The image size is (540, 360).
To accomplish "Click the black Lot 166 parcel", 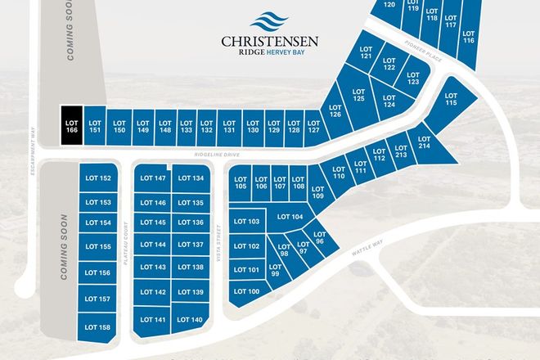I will pyautogui.click(x=72, y=127).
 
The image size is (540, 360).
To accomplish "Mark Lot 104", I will pyautogui.click(x=290, y=217).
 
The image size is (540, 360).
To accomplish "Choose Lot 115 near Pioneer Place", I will pyautogui.click(x=451, y=101).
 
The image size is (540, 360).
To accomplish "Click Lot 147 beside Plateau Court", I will pyautogui.click(x=153, y=178).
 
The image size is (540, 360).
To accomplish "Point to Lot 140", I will pyautogui.click(x=190, y=319).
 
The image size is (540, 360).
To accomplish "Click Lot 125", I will pyautogui.click(x=358, y=94).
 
